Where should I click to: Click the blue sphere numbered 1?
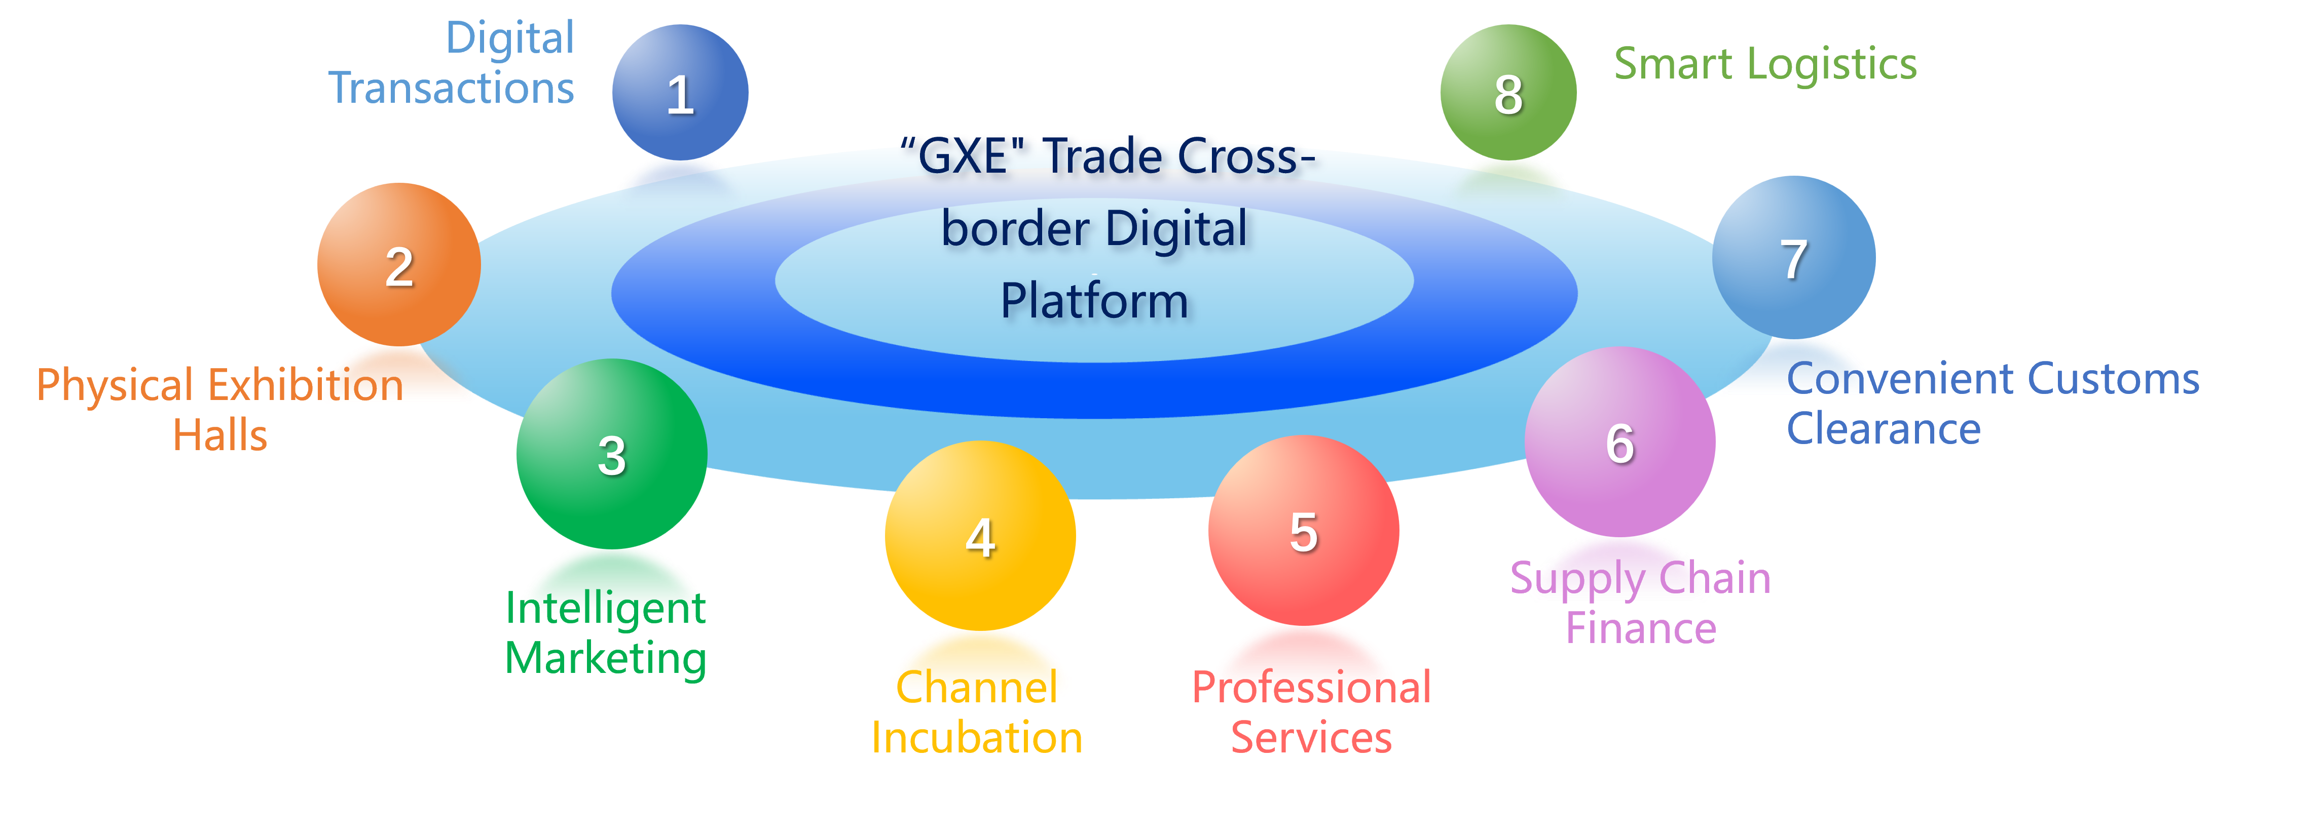(x=680, y=92)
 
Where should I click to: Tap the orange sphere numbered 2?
(x=398, y=265)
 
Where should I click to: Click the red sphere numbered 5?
(x=1303, y=530)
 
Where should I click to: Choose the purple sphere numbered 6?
(x=1619, y=442)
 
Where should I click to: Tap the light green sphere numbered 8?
(x=1508, y=92)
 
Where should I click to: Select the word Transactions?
(x=451, y=88)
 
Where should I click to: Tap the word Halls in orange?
(x=220, y=435)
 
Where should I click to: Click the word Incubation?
(x=977, y=738)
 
